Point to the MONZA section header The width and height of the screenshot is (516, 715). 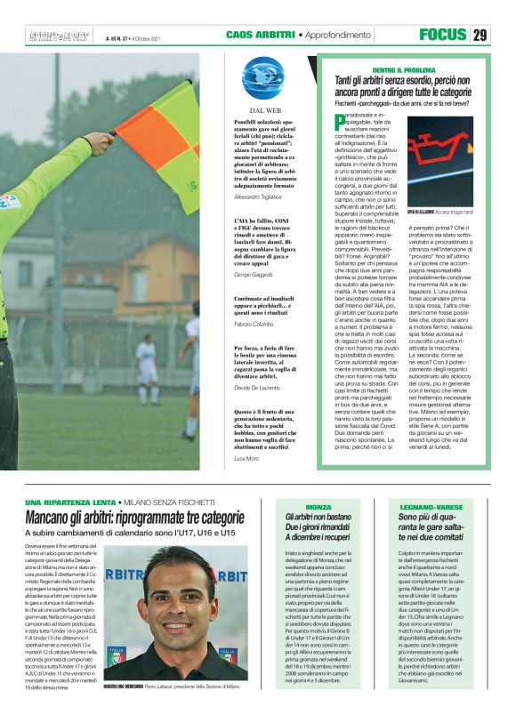[318, 506]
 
